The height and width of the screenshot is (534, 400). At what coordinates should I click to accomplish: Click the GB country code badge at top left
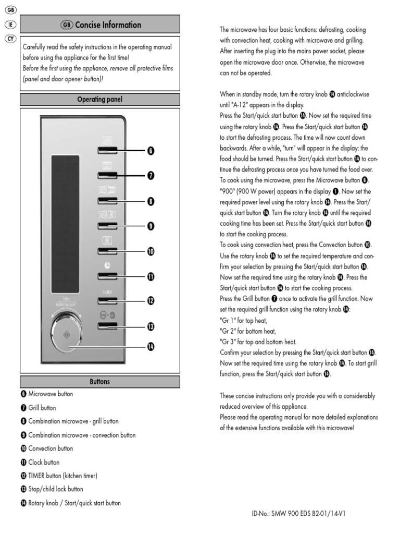[x=10, y=9]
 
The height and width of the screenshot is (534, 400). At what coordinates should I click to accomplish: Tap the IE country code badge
[x=10, y=24]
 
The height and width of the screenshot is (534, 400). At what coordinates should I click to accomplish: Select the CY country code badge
[x=10, y=39]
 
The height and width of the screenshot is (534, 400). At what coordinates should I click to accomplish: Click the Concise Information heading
[x=101, y=25]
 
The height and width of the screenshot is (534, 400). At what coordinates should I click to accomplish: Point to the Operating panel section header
[x=99, y=100]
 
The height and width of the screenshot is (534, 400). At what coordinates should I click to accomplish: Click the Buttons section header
[x=99, y=382]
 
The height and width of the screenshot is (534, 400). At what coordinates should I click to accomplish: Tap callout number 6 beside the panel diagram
[x=151, y=151]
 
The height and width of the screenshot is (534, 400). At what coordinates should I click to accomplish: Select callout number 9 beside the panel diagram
[x=151, y=226]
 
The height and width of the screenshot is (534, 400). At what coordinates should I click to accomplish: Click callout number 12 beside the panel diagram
[x=151, y=301]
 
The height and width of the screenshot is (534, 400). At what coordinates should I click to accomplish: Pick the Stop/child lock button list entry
[x=52, y=489]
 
